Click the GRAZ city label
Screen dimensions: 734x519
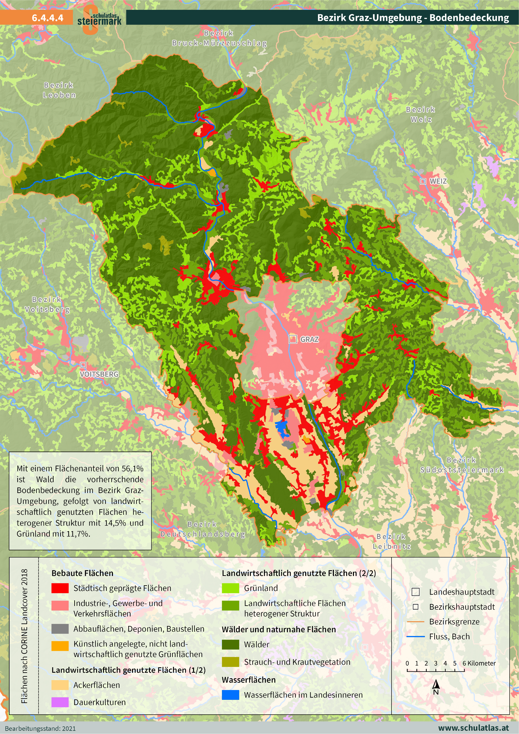[x=309, y=339]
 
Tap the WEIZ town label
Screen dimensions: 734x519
[x=438, y=181]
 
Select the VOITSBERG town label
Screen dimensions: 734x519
[x=99, y=374]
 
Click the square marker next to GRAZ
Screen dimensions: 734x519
[x=293, y=339]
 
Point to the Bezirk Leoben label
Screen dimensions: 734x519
[x=59, y=90]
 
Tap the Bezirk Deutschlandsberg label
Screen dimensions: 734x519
[x=202, y=529]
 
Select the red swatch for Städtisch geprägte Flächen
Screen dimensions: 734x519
[x=60, y=588]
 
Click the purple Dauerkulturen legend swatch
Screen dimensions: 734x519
[x=60, y=702]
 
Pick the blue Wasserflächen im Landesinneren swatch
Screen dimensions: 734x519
[x=230, y=695]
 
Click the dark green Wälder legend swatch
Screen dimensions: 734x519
[x=230, y=644]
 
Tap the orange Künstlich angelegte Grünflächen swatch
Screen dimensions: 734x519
[x=60, y=646]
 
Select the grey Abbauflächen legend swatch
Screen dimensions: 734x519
[x=60, y=629]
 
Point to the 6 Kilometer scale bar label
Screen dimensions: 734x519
[x=479, y=663]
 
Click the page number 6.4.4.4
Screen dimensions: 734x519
[x=47, y=18]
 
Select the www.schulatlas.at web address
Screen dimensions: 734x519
[x=473, y=728]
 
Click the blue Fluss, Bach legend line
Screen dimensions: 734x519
[x=415, y=637]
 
